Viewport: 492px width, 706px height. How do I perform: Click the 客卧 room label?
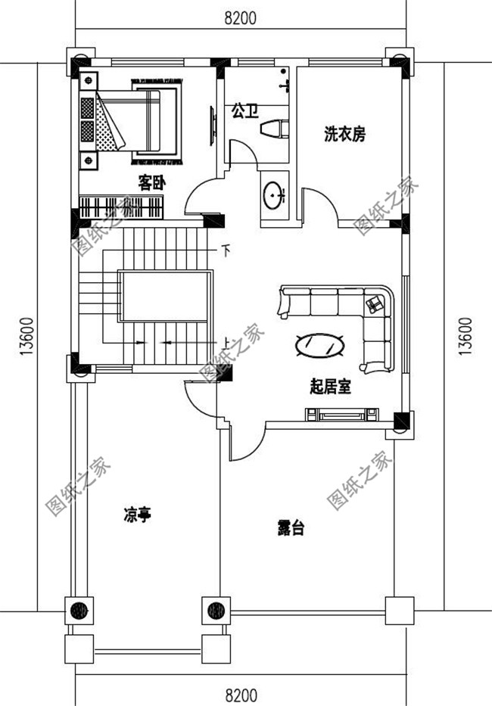(x=152, y=182)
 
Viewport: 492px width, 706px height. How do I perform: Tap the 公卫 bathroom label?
(x=245, y=112)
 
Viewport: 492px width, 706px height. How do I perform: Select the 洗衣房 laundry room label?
(x=344, y=135)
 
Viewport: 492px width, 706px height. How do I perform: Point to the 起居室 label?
(x=331, y=387)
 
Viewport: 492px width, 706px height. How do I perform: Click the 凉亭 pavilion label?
(x=138, y=516)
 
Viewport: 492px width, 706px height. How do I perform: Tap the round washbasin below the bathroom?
(x=273, y=196)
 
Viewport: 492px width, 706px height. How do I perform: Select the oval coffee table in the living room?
(x=320, y=345)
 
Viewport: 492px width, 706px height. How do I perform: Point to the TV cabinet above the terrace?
(x=341, y=414)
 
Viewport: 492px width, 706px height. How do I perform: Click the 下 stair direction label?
(x=225, y=249)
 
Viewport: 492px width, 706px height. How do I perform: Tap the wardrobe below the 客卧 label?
(x=122, y=206)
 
